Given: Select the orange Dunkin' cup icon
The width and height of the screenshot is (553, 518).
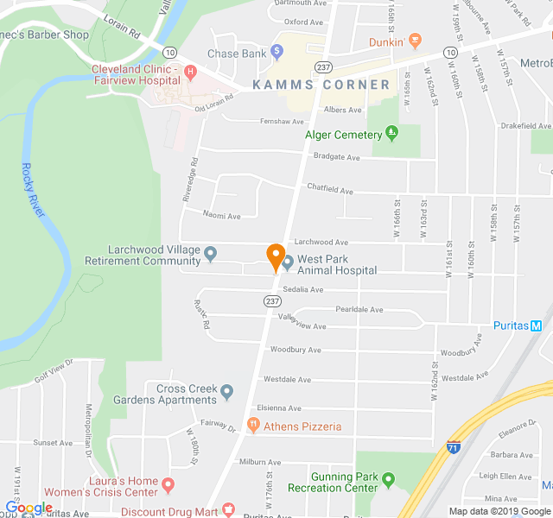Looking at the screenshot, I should click(x=414, y=40).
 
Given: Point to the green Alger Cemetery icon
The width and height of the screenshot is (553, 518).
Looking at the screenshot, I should click(x=391, y=134).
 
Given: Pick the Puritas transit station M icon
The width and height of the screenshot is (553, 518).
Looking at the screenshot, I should click(x=536, y=325).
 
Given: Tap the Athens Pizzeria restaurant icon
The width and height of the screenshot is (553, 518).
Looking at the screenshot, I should click(x=253, y=425).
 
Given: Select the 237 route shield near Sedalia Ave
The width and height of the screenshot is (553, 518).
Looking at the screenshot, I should click(x=273, y=300).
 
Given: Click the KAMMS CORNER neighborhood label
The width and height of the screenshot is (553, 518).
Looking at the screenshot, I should click(x=321, y=85).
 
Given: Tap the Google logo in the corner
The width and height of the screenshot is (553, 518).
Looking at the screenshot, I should click(x=29, y=508).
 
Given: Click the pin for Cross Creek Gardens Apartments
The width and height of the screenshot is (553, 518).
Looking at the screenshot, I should click(x=227, y=393).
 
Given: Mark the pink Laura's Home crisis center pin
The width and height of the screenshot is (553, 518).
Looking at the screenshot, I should click(x=168, y=486).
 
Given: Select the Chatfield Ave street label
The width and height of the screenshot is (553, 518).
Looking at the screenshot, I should click(x=330, y=188).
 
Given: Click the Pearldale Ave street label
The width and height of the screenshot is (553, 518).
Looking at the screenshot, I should click(x=359, y=309).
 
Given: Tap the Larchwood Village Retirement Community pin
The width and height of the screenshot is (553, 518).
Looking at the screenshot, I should click(x=210, y=254).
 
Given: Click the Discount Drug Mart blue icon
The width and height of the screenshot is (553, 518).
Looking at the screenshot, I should click(x=228, y=510).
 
